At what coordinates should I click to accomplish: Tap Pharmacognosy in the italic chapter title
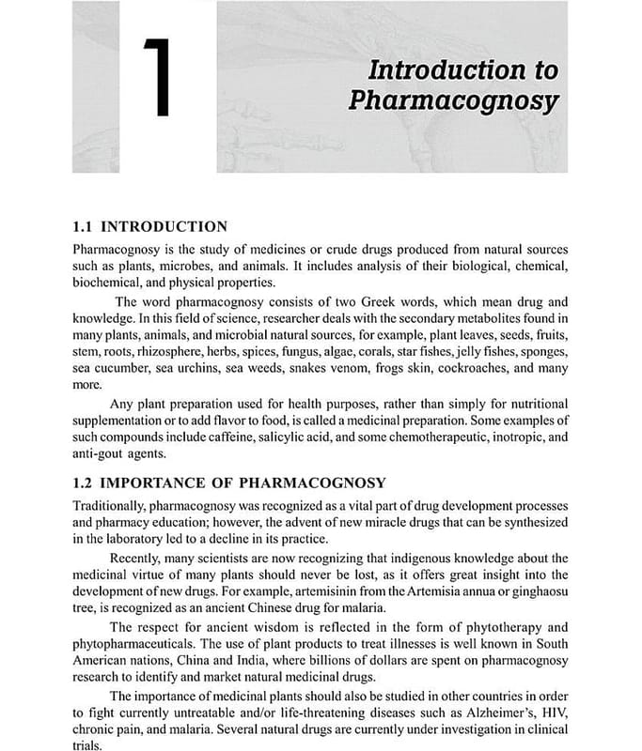[453, 100]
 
